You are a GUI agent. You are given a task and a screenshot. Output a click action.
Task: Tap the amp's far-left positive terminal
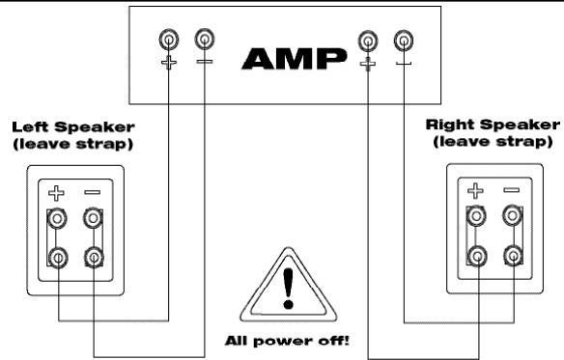[169, 41]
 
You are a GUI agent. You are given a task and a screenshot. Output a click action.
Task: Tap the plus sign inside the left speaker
[59, 192]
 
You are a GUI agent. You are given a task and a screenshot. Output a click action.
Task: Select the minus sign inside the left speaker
[92, 193]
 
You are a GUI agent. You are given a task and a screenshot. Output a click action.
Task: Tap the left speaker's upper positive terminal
[59, 220]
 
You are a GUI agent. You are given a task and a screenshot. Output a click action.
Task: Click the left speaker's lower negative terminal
[93, 258]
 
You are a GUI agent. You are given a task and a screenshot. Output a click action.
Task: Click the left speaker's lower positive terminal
[59, 258]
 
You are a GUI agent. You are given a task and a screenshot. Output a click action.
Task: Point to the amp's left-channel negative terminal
[205, 41]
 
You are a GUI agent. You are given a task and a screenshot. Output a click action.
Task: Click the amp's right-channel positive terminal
[367, 41]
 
